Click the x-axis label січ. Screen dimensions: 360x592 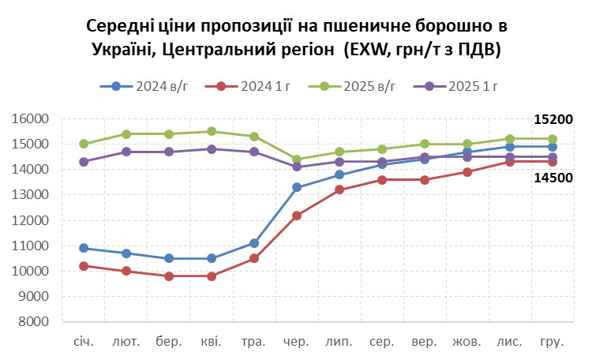[x=84, y=343]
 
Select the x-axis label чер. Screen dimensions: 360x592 [x=297, y=343]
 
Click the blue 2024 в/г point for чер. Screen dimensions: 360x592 [x=297, y=187]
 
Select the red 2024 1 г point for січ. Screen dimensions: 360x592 [x=84, y=266]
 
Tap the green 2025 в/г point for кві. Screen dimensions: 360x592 [x=212, y=132]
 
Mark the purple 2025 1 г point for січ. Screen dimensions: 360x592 [x=84, y=162]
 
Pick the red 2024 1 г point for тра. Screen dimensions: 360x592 [x=254, y=258]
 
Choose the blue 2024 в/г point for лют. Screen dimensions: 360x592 [x=126, y=253]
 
